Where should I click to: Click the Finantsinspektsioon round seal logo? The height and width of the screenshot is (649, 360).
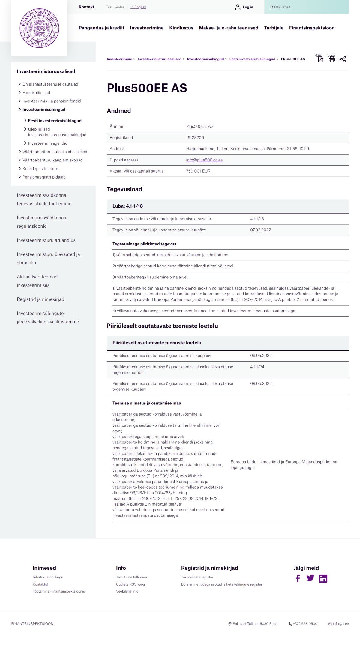pyautogui.click(x=39, y=28)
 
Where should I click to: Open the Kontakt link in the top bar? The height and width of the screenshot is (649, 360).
pyautogui.click(x=86, y=7)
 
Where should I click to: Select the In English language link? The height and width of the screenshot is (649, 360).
pyautogui.click(x=138, y=7)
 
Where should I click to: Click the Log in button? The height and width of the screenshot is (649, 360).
pyautogui.click(x=244, y=7)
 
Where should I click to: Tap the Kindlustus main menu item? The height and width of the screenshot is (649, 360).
pyautogui.click(x=181, y=28)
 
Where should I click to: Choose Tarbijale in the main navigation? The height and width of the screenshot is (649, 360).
pyautogui.click(x=274, y=28)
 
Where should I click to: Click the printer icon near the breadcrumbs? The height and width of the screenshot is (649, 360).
pyautogui.click(x=332, y=59)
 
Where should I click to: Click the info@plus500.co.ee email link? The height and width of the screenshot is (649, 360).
pyautogui.click(x=204, y=160)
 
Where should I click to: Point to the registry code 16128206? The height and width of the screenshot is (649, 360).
pyautogui.click(x=195, y=138)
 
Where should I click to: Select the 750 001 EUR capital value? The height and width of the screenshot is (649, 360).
pyautogui.click(x=198, y=171)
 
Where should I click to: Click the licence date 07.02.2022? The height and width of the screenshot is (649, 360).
pyautogui.click(x=260, y=230)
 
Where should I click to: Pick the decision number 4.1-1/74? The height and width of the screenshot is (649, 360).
pyautogui.click(x=257, y=367)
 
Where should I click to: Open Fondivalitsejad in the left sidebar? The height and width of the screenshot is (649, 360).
pyautogui.click(x=36, y=93)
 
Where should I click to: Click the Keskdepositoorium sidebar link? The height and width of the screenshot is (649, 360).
pyautogui.click(x=40, y=169)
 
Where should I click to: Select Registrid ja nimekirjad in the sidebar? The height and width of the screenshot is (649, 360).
pyautogui.click(x=40, y=299)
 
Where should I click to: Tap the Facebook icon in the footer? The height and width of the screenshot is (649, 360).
pyautogui.click(x=298, y=578)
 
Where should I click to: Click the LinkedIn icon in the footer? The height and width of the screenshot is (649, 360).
pyautogui.click(x=323, y=578)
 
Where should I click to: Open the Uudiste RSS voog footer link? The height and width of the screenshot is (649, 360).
pyautogui.click(x=130, y=584)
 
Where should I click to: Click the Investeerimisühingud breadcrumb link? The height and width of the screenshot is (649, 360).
pyautogui.click(x=205, y=59)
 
